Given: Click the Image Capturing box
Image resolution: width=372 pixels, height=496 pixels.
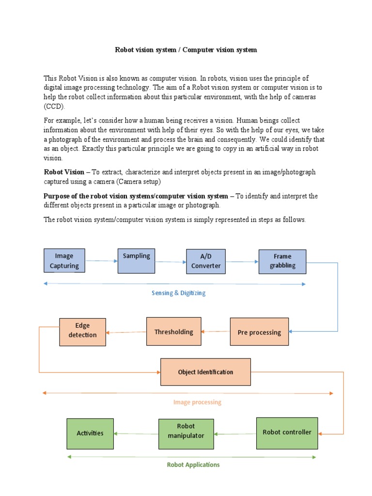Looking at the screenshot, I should click(x=64, y=261).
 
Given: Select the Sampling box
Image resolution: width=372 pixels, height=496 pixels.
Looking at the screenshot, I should click(x=136, y=261).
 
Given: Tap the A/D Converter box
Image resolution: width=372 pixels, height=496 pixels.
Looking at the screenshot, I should click(x=206, y=262).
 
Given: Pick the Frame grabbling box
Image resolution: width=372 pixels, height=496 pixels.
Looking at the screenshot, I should click(x=282, y=262).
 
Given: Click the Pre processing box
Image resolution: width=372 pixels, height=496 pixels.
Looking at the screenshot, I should click(x=259, y=332).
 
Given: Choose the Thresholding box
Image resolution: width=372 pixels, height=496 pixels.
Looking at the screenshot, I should click(x=173, y=332).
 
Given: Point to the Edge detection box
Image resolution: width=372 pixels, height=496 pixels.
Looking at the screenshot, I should click(x=82, y=332).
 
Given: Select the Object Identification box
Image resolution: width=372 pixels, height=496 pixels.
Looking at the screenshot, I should click(x=205, y=372).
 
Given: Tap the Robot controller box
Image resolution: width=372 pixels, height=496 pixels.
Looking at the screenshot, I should click(x=287, y=433).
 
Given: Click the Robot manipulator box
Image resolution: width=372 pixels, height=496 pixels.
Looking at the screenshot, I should click(x=186, y=434).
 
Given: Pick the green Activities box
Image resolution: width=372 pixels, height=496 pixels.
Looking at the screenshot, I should click(x=90, y=434).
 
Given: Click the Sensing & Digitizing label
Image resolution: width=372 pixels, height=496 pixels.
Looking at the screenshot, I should click(x=178, y=293).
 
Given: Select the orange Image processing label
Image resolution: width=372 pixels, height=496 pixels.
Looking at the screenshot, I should click(x=197, y=402).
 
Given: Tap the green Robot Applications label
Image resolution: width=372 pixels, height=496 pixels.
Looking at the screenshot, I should click(x=193, y=465).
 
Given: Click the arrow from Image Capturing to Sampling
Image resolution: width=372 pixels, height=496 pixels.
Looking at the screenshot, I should click(x=101, y=261).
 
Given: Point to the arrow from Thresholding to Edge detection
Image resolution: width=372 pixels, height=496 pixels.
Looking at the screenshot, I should click(x=126, y=332).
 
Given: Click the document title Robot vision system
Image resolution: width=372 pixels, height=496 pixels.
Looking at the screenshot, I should click(x=186, y=50).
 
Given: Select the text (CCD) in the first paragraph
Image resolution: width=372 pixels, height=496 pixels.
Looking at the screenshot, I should click(x=53, y=106).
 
